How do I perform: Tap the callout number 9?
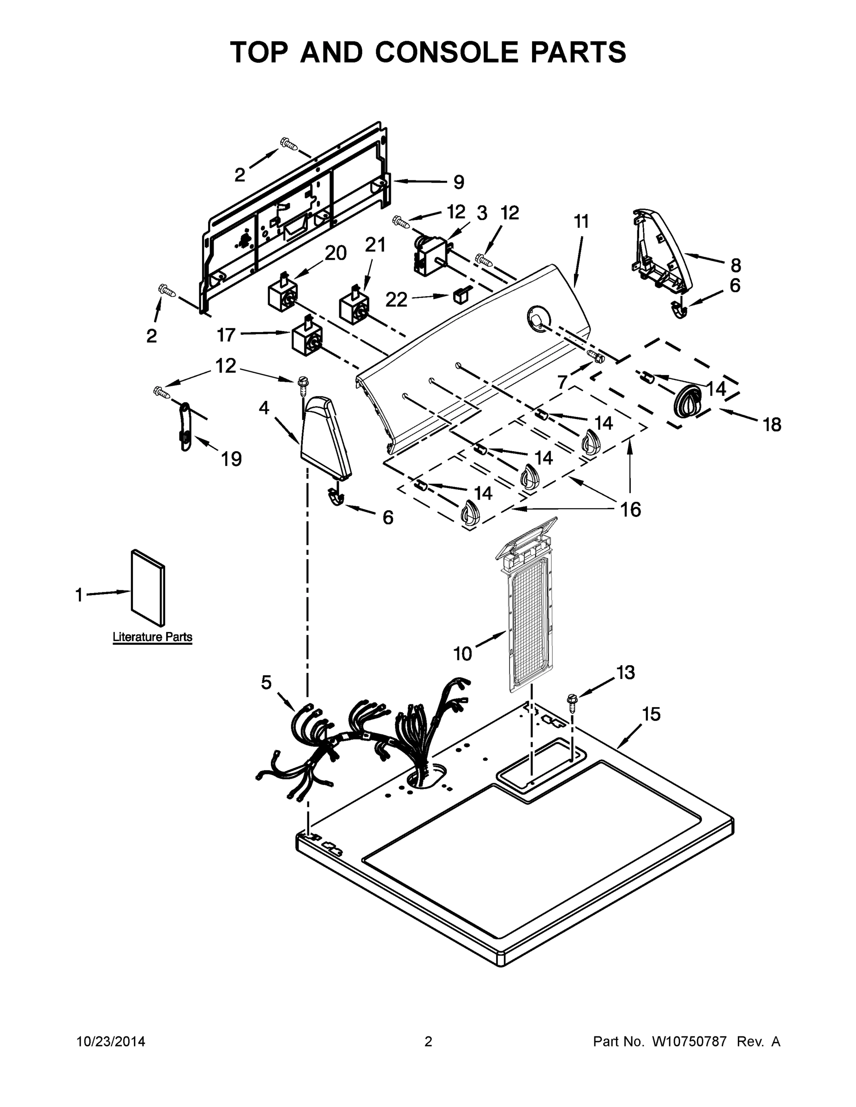[x=458, y=182]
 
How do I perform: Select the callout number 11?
[x=581, y=221]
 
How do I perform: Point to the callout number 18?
[x=772, y=425]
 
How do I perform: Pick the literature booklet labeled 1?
[x=148, y=589]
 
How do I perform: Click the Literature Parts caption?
[x=152, y=637]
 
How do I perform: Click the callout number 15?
[x=652, y=714]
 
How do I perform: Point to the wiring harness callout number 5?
[x=266, y=683]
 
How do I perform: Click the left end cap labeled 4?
[x=325, y=439]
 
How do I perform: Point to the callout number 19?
[x=231, y=459]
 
